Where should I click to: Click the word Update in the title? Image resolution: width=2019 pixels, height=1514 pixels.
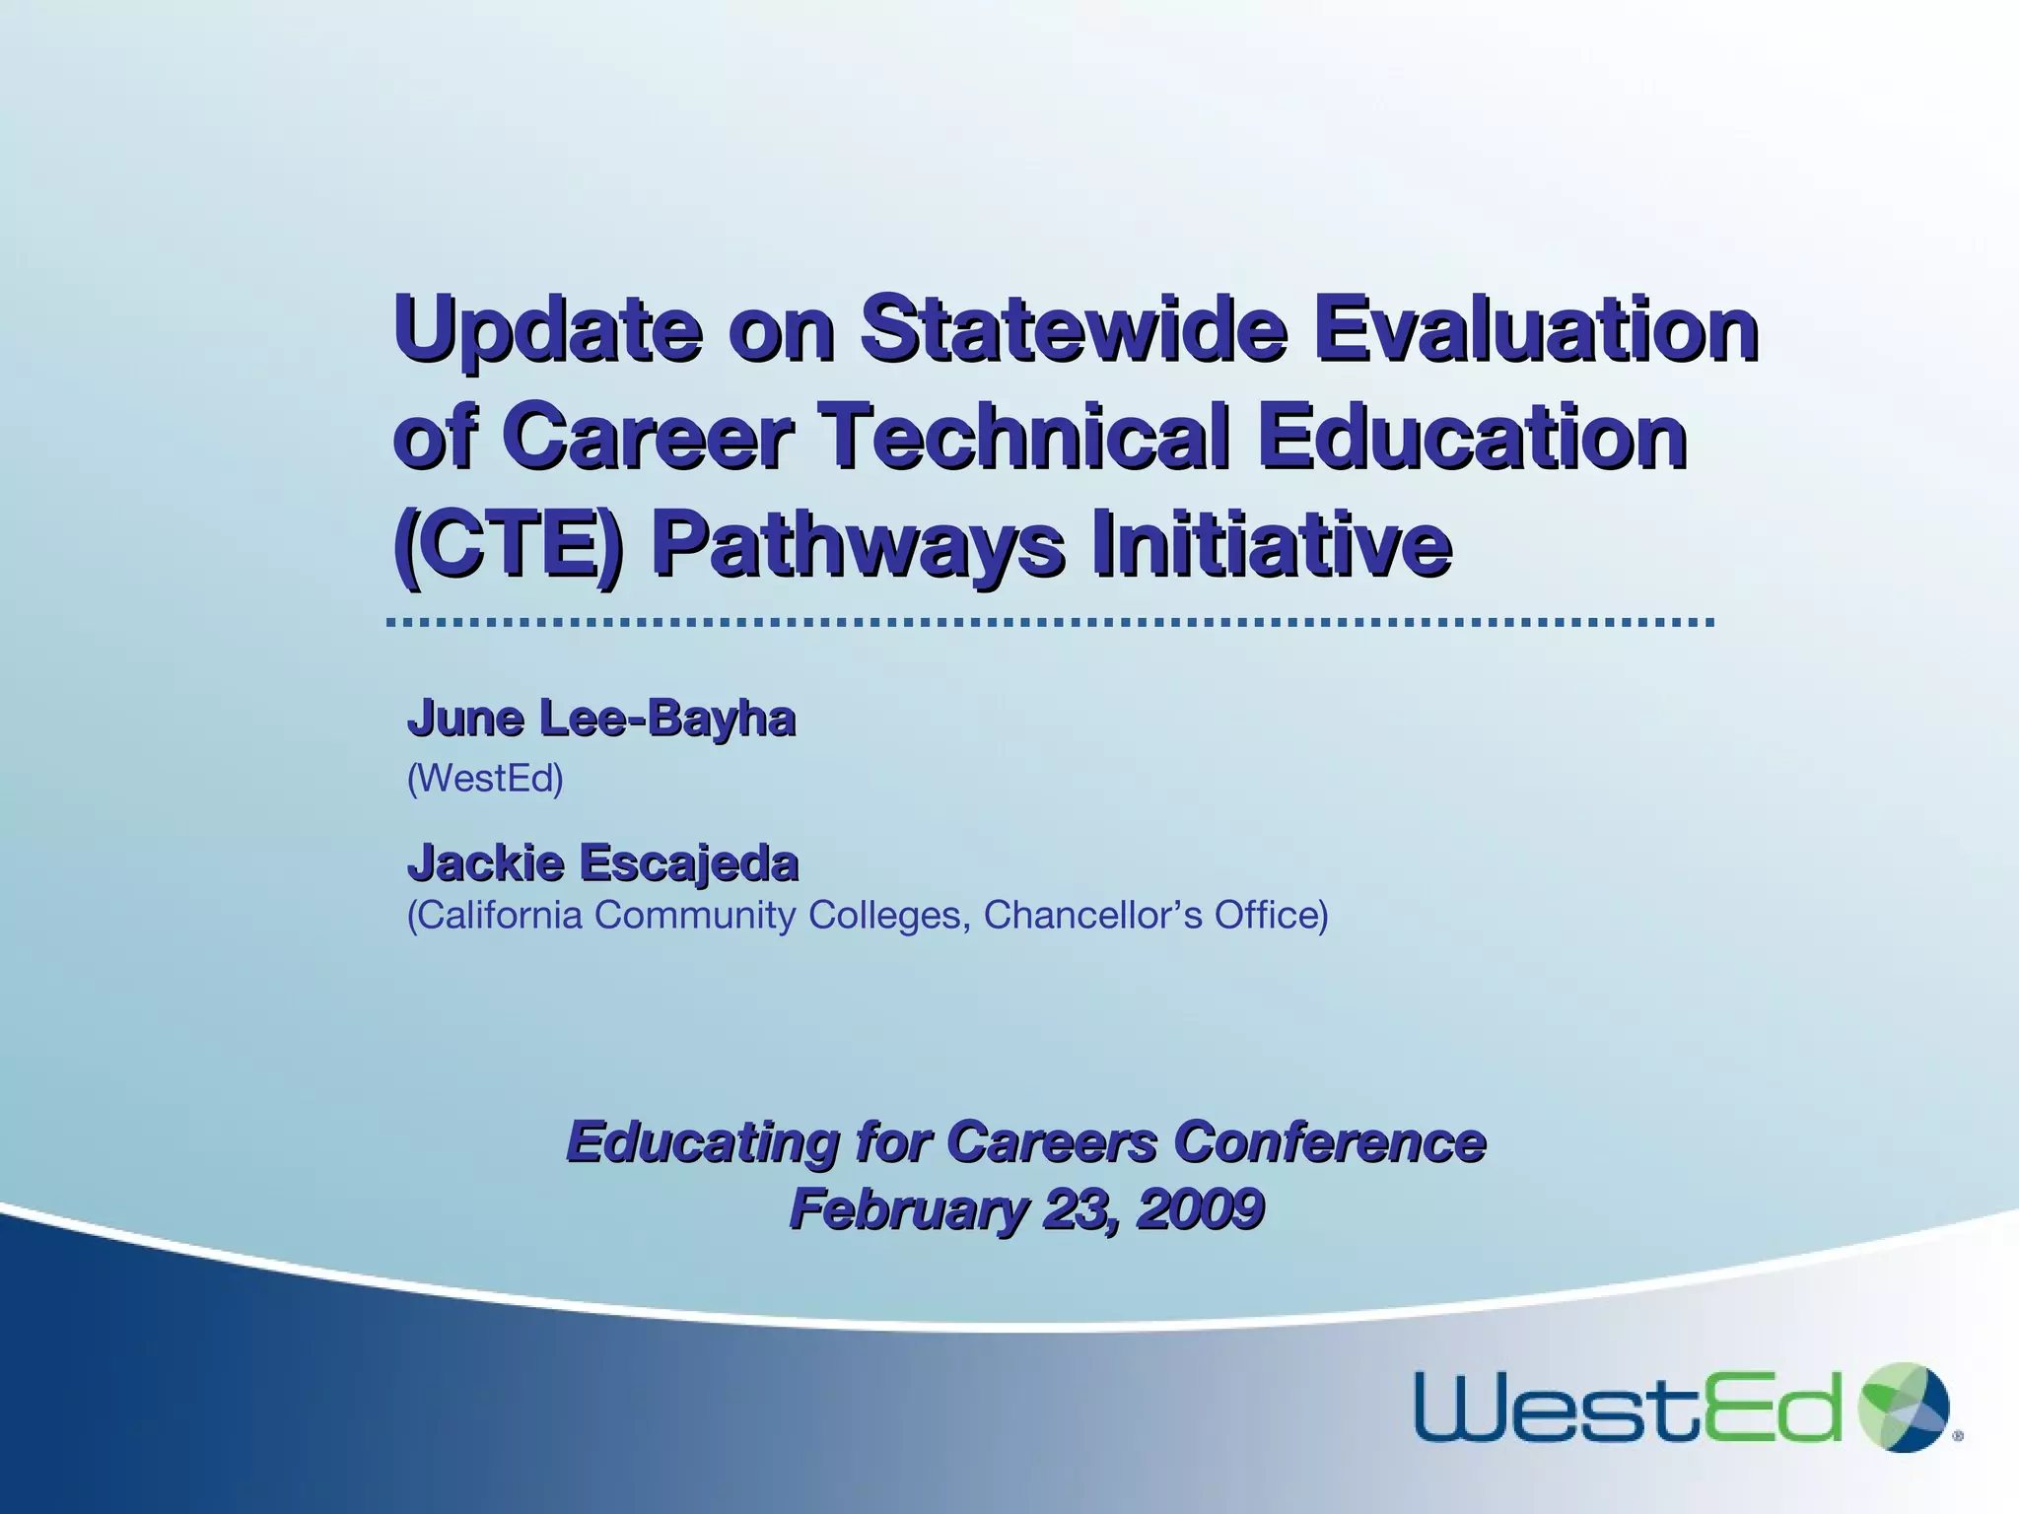[x=548, y=327]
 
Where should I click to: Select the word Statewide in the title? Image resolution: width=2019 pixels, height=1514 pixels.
[x=1073, y=327]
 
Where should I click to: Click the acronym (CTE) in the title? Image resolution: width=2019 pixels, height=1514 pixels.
[x=508, y=544]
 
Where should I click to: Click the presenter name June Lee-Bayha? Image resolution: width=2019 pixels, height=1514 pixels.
[x=601, y=718]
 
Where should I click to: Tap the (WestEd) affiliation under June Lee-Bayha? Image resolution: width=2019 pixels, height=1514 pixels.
[x=485, y=779]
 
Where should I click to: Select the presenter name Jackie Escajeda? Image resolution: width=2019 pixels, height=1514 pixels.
[x=602, y=862]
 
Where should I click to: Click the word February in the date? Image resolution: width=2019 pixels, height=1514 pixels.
[x=907, y=1208]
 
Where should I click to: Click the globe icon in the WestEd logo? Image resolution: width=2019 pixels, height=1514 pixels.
[x=1904, y=1408]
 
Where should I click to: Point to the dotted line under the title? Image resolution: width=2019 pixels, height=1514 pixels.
[x=1051, y=623]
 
